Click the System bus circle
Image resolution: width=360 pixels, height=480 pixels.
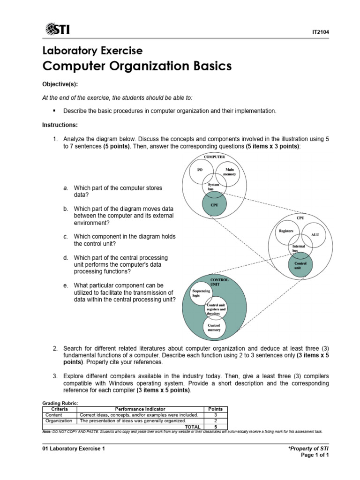click(x=214, y=187)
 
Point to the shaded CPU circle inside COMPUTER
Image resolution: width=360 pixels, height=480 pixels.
click(x=214, y=205)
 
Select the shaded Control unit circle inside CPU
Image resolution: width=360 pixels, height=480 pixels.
click(x=300, y=264)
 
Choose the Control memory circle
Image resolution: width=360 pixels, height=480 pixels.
click(x=214, y=327)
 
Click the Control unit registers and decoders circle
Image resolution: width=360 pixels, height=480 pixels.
click(x=216, y=309)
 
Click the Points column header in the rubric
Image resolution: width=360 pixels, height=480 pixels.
click(x=215, y=409)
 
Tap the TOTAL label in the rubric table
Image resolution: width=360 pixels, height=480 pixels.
click(x=193, y=427)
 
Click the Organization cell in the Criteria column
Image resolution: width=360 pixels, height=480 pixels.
click(x=59, y=420)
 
